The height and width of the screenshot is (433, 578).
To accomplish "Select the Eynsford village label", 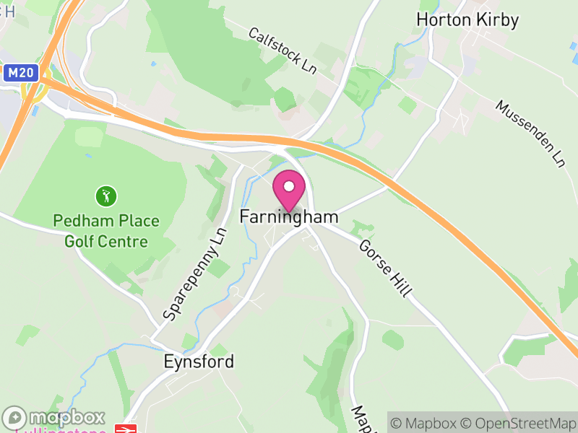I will tap(198, 362).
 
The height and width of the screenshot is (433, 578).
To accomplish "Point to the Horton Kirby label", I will tap(467, 19).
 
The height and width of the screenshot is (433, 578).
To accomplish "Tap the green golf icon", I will tap(105, 196).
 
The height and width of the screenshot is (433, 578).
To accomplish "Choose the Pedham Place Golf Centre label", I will tap(105, 231).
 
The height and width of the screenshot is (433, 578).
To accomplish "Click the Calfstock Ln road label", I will tap(282, 51).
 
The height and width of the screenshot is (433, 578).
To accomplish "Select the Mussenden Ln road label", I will tap(530, 134).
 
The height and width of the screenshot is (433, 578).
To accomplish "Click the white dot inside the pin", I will tap(289, 186).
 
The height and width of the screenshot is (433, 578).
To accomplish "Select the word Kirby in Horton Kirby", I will tap(497, 19).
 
